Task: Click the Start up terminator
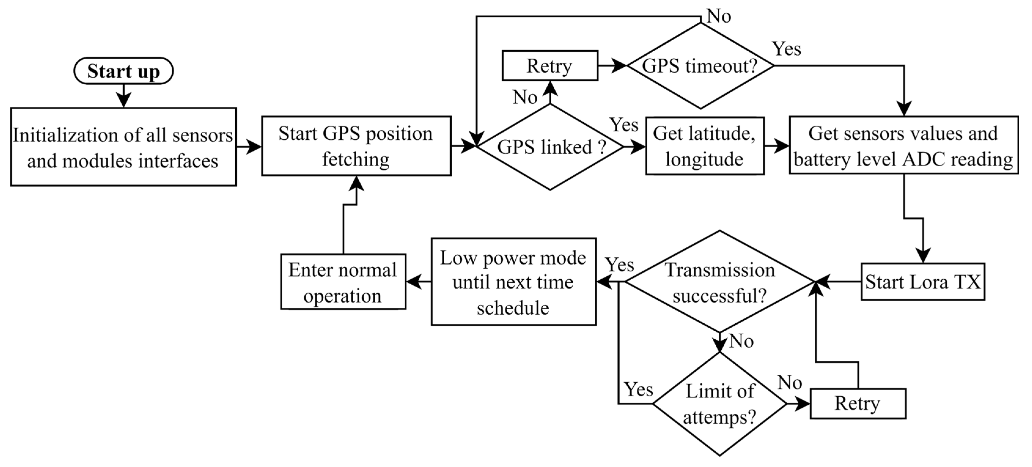(123, 71)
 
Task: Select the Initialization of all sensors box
(123, 147)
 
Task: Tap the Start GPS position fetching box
(356, 146)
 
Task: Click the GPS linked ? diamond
(550, 147)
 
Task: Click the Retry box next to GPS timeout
(550, 66)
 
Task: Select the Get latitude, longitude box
(704, 146)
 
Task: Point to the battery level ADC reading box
(903, 145)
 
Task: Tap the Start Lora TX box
(923, 281)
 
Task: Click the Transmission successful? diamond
(719, 282)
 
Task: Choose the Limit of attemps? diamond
(719, 404)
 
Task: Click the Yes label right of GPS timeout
(786, 49)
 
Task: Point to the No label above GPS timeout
(719, 16)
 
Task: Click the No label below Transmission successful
(741, 341)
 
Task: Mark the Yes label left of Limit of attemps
(639, 389)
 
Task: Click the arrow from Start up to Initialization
(123, 96)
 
